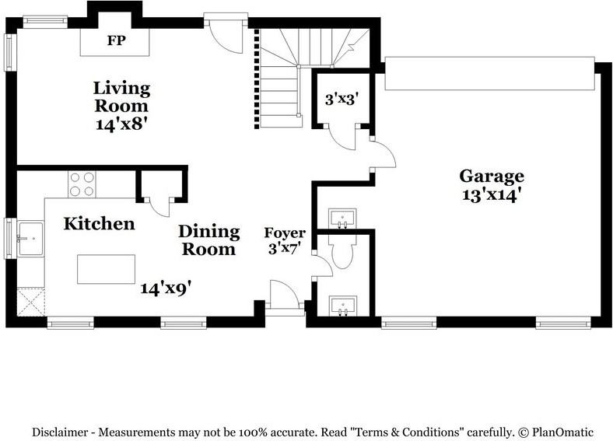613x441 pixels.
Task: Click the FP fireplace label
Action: click(116, 40)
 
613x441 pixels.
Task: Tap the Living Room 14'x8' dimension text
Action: click(121, 124)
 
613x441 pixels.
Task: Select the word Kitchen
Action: click(99, 224)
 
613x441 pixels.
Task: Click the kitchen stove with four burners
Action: click(82, 184)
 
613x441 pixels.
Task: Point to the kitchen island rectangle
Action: click(106, 269)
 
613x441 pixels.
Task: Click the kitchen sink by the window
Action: click(30, 239)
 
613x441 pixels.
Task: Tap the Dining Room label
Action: click(208, 240)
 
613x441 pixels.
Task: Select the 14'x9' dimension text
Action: click(166, 289)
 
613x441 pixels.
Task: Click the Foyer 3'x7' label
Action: click(284, 240)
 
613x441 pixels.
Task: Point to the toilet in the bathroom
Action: click(343, 251)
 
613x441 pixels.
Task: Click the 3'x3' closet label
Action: click(342, 99)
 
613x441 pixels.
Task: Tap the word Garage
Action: click(492, 177)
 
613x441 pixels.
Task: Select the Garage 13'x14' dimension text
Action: click(492, 194)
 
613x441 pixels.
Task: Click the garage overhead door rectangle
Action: click(489, 73)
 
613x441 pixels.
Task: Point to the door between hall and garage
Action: click(382, 155)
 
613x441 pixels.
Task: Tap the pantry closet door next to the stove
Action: click(158, 207)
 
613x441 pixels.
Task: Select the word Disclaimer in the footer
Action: click(60, 432)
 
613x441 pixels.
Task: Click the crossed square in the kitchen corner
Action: click(31, 302)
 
